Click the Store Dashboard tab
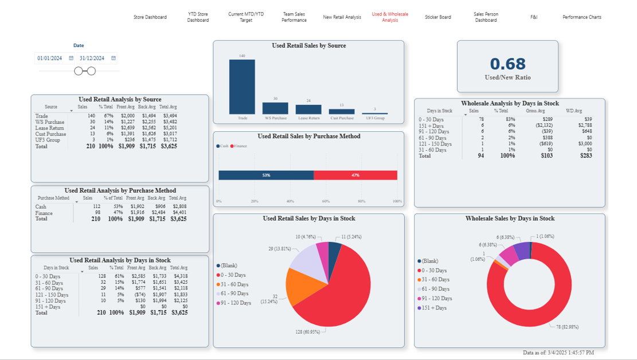coord(150,17)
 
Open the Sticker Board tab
coord(437,17)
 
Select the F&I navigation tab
coord(534,17)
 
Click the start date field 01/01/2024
coord(50,58)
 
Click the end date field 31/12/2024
coord(92,58)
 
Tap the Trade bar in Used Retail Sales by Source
coord(242,87)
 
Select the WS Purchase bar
coord(275,108)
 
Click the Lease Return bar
coord(308,109)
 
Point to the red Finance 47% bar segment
coord(355,175)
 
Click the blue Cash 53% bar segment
coord(266,175)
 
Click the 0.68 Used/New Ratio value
coord(507,64)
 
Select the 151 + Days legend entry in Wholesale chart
coord(434,308)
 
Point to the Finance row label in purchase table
coord(44,213)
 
